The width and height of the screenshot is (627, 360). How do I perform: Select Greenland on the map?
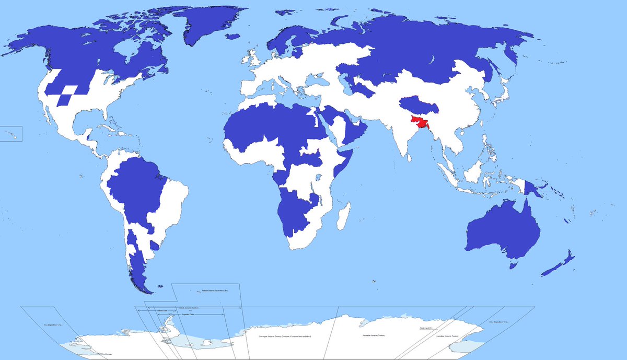click(x=209, y=26)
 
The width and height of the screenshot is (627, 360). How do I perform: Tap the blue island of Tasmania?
click(x=514, y=265)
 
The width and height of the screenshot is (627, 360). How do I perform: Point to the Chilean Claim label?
click(x=162, y=312)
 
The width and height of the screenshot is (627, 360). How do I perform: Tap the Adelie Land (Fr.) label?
click(x=426, y=329)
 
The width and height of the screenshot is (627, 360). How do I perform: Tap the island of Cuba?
click(x=105, y=127)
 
